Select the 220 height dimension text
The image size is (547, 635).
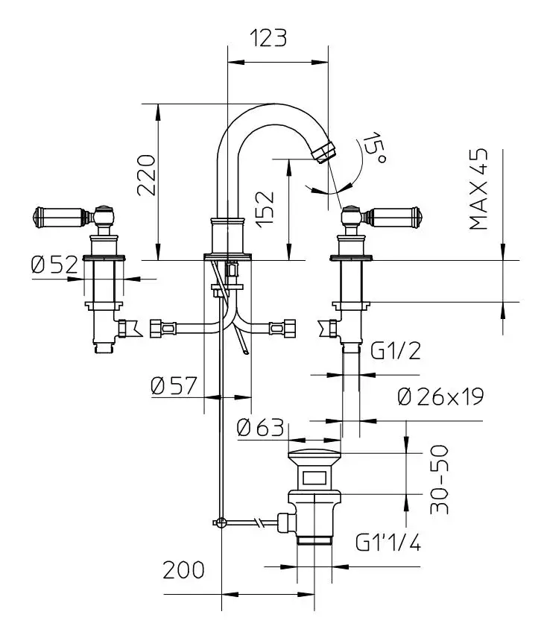(146, 174)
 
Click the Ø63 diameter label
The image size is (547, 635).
(259, 428)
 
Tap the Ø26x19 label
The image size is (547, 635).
(440, 396)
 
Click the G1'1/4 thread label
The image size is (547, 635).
(388, 541)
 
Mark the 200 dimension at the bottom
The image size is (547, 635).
(183, 570)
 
